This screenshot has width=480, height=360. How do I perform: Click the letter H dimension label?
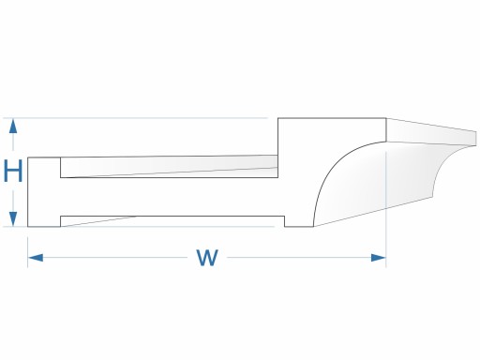[13, 171]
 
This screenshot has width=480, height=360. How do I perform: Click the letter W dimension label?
[207, 258]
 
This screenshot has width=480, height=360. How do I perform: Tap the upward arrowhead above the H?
[13, 127]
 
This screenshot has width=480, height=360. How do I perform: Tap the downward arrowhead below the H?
[13, 218]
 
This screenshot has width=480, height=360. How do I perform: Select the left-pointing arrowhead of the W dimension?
[36, 258]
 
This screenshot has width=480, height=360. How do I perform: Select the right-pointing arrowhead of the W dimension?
[378, 258]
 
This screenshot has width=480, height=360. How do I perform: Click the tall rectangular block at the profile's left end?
[44, 192]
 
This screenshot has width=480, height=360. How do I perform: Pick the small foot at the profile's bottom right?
[299, 221]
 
